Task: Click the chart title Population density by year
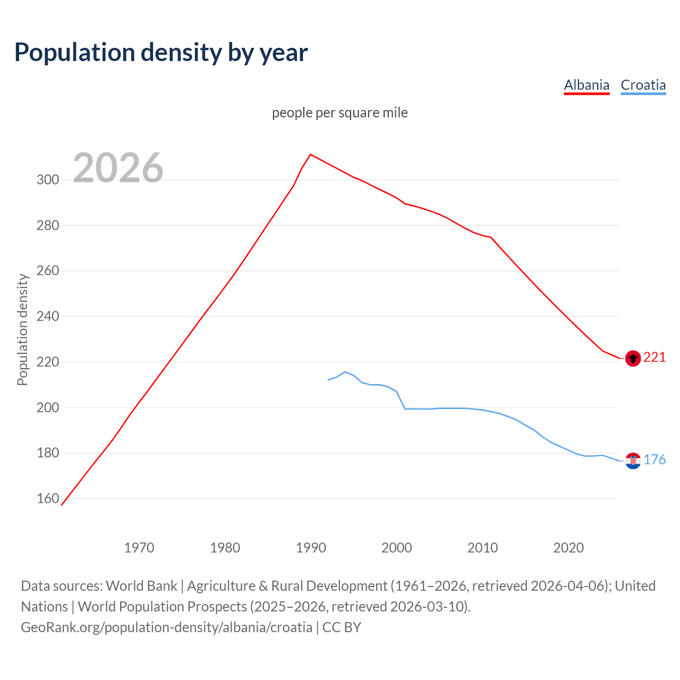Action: [161, 53]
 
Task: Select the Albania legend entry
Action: [586, 85]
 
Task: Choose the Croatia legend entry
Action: [643, 85]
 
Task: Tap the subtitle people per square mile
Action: [339, 113]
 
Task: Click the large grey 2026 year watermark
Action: [118, 168]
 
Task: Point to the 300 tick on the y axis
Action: [47, 180]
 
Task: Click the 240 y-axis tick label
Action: [47, 316]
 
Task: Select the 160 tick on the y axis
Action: [47, 498]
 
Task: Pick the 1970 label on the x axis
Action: [139, 547]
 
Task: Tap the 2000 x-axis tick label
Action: [397, 547]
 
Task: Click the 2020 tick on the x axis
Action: [568, 547]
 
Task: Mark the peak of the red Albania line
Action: [311, 155]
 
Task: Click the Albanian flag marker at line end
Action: [633, 359]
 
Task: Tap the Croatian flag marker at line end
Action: [633, 461]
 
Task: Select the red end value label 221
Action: [654, 358]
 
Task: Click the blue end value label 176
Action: [654, 460]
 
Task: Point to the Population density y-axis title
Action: [22, 329]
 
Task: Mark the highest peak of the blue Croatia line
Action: [345, 372]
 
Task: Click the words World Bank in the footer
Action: [141, 586]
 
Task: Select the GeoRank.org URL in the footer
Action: [166, 627]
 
